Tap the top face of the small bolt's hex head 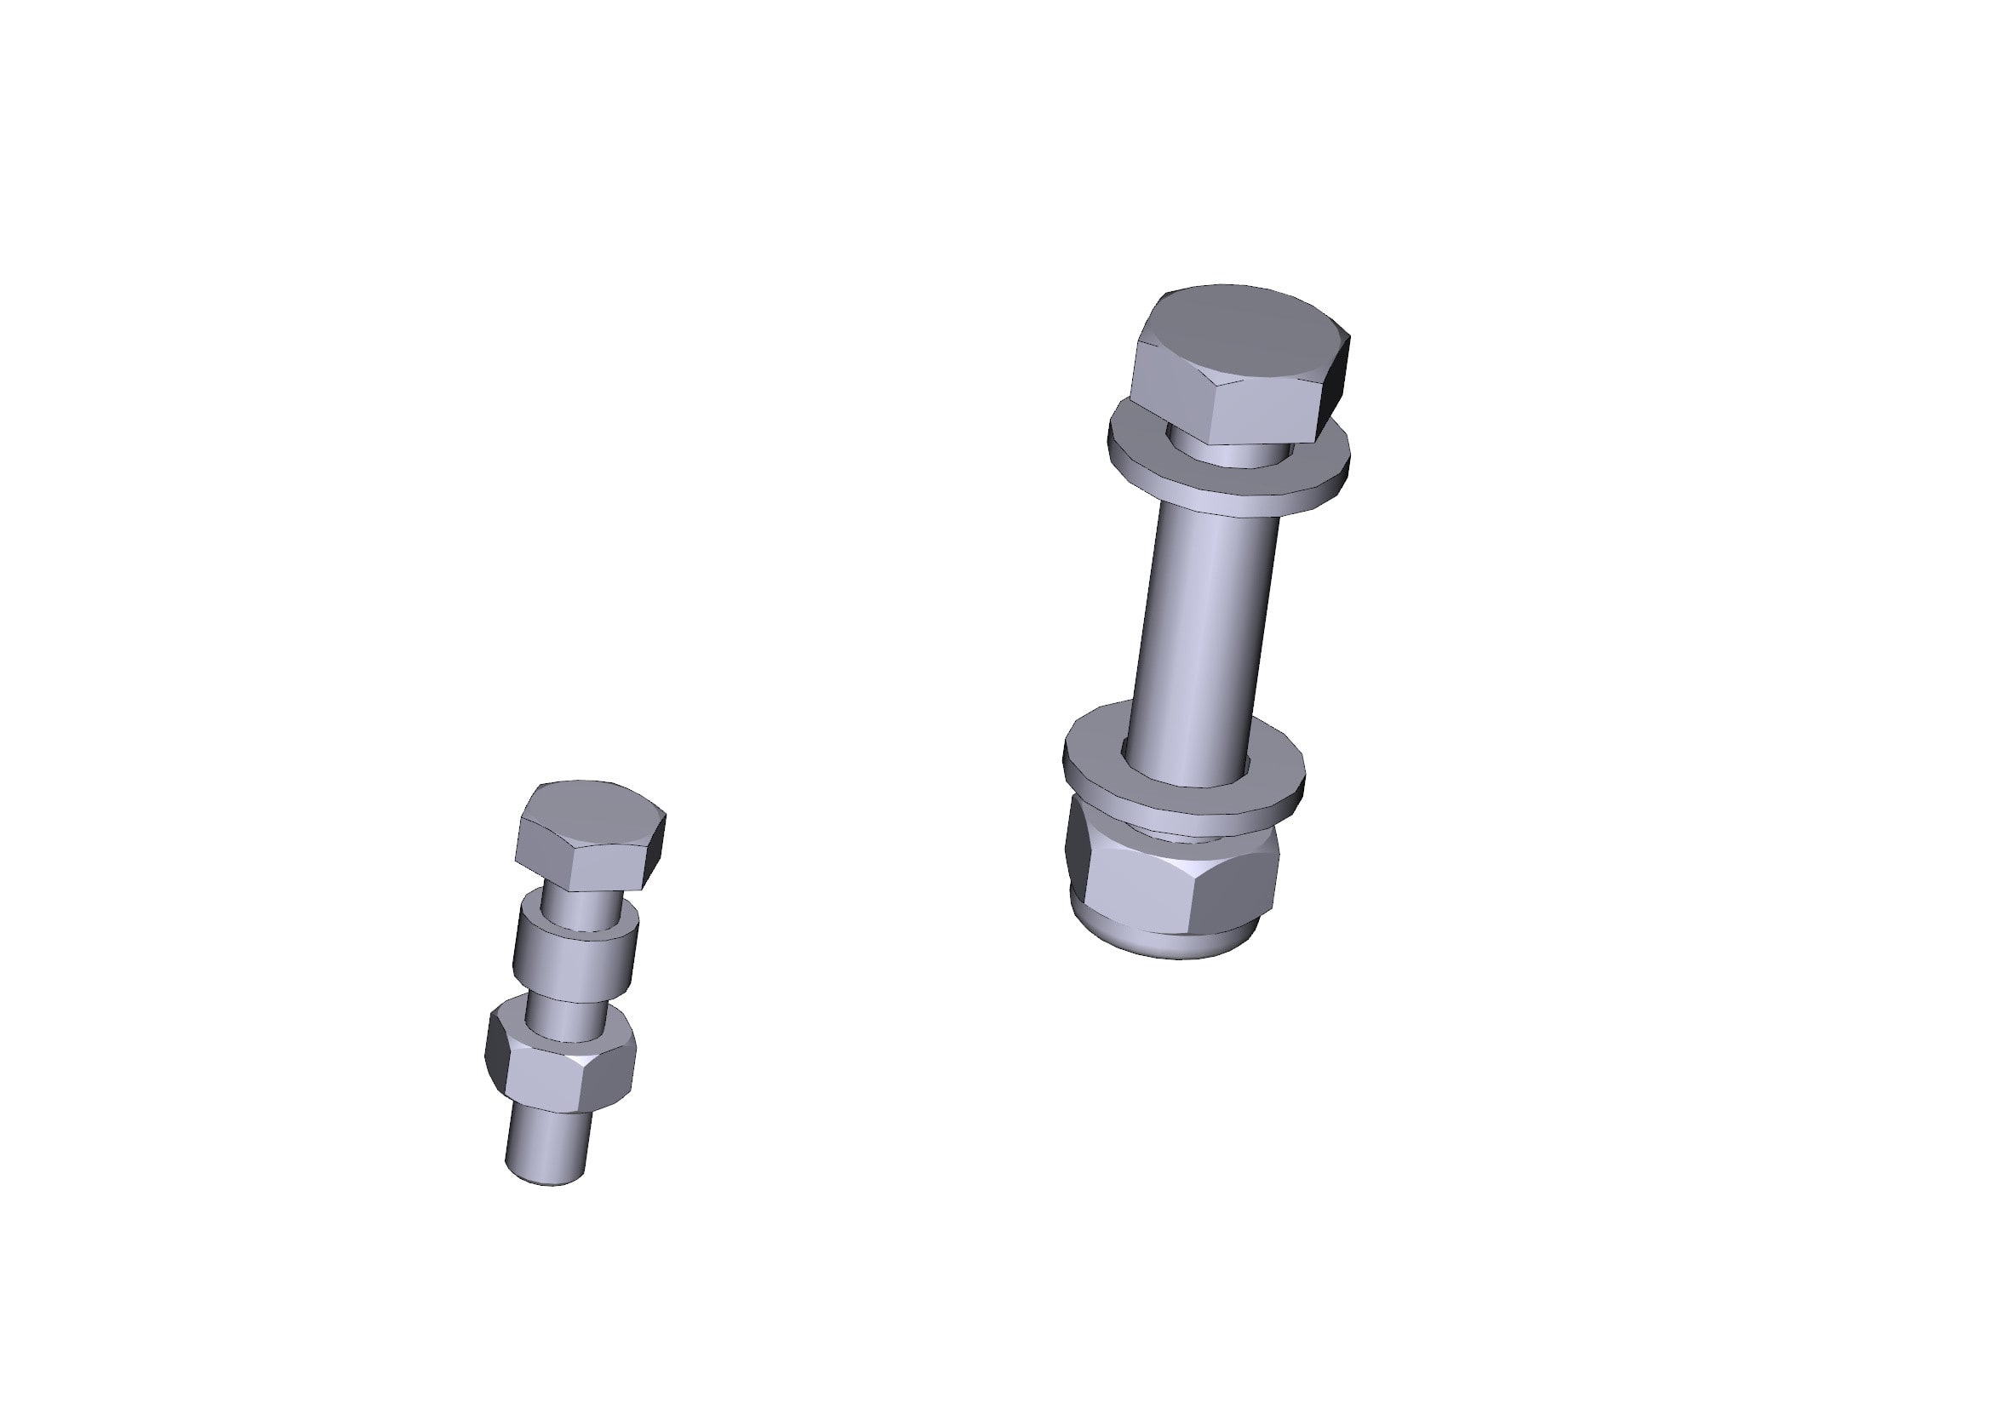tap(590, 810)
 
